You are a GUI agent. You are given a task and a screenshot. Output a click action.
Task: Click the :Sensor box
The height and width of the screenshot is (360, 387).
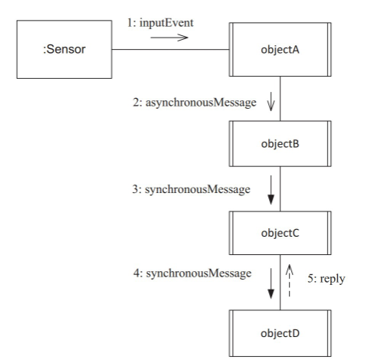pos(64,51)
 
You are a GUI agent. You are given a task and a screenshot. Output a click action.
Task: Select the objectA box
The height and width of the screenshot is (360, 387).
pos(280,50)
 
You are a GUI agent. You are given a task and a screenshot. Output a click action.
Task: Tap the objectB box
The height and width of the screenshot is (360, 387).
pos(280,144)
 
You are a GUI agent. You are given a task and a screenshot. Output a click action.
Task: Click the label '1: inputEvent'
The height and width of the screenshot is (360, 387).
pos(160,23)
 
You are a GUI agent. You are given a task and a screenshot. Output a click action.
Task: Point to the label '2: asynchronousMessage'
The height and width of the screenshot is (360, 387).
pos(193,103)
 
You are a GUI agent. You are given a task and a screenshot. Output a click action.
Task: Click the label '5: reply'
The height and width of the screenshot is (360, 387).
pos(325,279)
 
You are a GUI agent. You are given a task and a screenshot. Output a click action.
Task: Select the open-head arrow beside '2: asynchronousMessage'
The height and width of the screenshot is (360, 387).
pos(271,103)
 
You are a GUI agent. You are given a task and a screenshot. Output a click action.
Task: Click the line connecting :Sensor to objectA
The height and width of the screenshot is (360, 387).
pos(170,51)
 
